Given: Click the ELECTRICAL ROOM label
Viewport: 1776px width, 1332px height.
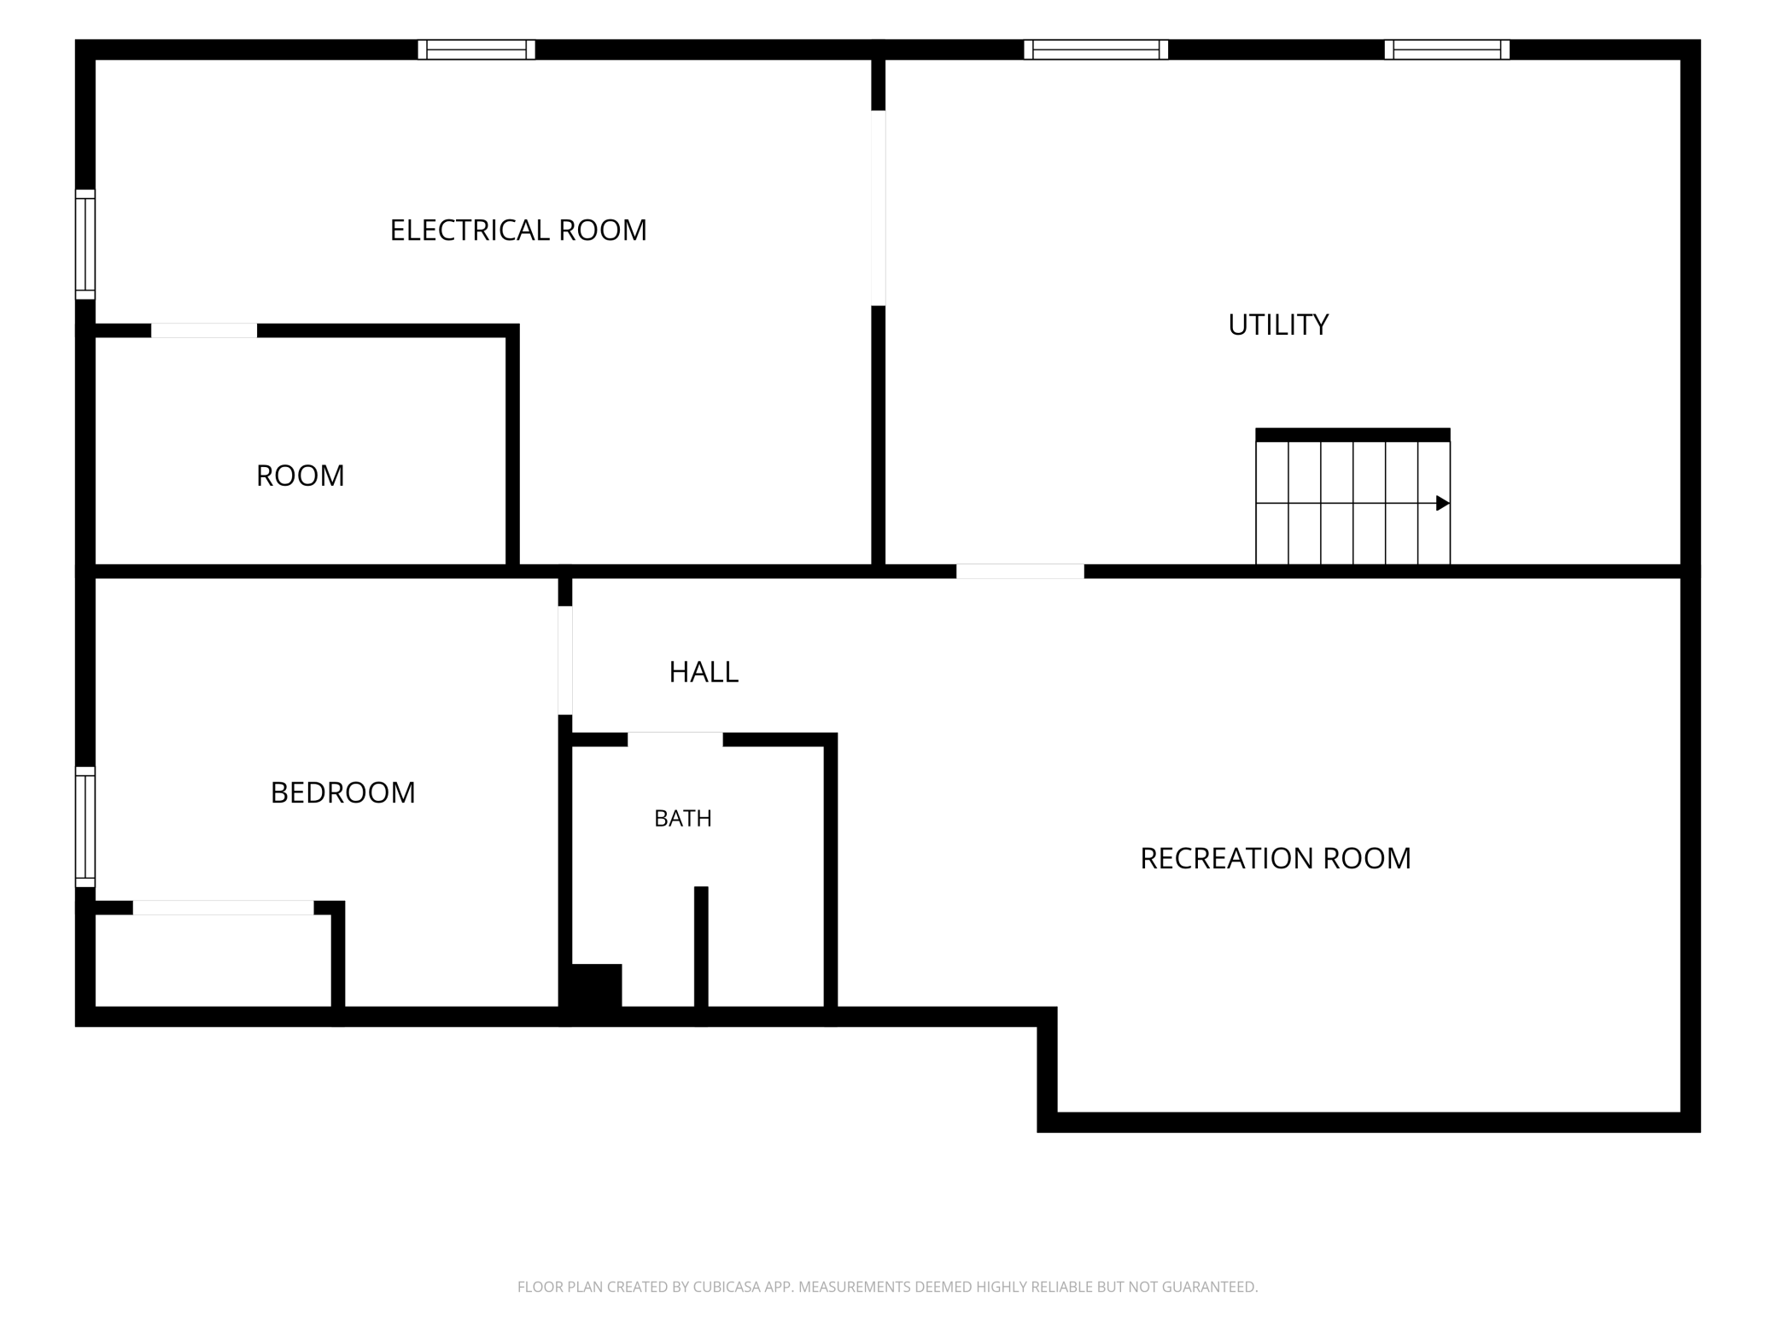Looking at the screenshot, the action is tap(518, 231).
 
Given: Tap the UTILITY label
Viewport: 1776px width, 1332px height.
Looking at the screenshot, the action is tap(1278, 325).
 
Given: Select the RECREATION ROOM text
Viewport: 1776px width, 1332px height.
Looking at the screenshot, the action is tap(1276, 858).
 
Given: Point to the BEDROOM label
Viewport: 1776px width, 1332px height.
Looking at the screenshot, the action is tap(343, 792).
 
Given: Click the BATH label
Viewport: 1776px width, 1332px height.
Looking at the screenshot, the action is tap(683, 818).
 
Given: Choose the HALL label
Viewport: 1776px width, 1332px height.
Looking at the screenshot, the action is tap(704, 672).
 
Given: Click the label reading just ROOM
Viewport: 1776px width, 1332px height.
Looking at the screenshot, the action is tap(301, 476).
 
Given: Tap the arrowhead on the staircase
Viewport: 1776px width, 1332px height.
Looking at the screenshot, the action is tap(1443, 503).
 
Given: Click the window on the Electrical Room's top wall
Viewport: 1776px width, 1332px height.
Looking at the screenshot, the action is tap(476, 50).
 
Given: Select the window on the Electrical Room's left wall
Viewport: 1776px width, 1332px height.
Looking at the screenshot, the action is tap(85, 244).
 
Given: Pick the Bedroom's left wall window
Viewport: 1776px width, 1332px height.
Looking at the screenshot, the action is tap(85, 827).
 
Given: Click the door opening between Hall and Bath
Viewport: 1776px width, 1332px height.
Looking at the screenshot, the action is tap(675, 739).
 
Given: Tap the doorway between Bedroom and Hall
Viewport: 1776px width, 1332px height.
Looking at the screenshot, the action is tap(565, 660).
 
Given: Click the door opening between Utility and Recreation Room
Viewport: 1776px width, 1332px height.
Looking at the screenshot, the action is tap(1020, 571).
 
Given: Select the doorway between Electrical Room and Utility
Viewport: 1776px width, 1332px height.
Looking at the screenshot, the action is tap(878, 207).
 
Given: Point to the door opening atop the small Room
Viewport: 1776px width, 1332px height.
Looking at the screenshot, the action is tap(204, 330).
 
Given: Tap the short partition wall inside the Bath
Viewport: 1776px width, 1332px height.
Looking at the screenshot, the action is tap(701, 947).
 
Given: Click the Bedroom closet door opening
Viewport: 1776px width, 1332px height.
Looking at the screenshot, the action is tap(224, 908).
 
